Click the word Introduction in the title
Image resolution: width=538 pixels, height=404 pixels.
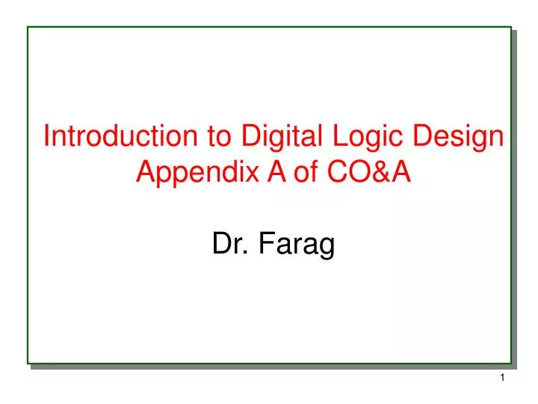(x=121, y=135)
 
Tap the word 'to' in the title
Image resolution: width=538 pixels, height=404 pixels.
(x=219, y=136)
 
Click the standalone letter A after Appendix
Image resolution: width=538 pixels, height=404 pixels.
(x=276, y=171)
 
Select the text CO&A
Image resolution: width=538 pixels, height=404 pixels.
(x=369, y=171)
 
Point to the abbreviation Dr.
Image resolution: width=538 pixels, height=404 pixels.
(x=230, y=243)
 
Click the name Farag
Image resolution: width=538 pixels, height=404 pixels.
(x=297, y=245)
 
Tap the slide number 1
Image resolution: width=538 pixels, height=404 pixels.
(x=502, y=378)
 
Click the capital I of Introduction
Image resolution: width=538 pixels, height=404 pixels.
(x=46, y=135)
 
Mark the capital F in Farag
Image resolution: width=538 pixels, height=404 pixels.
(x=267, y=243)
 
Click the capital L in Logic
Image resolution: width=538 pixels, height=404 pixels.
(x=341, y=135)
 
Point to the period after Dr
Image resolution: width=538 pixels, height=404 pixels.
(x=245, y=253)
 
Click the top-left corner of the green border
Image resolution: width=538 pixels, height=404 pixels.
(x=28, y=27)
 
